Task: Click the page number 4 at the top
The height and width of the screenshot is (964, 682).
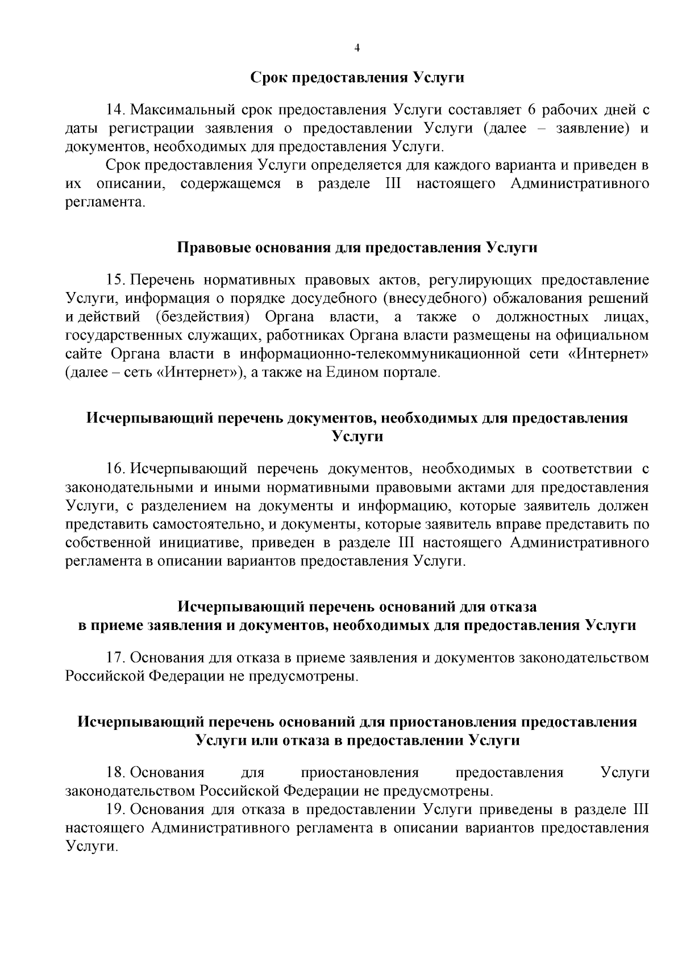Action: [x=357, y=48]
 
